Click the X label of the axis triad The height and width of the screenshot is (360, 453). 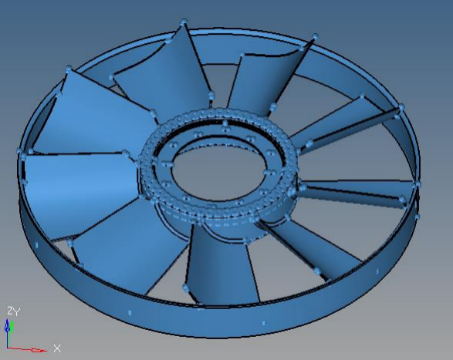point(57,348)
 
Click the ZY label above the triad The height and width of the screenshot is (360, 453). point(14,311)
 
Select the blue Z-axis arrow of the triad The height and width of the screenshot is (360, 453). point(7,328)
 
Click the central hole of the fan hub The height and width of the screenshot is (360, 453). point(218,173)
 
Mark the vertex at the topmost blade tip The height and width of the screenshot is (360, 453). point(184,22)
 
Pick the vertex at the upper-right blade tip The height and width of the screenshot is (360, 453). point(316,37)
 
